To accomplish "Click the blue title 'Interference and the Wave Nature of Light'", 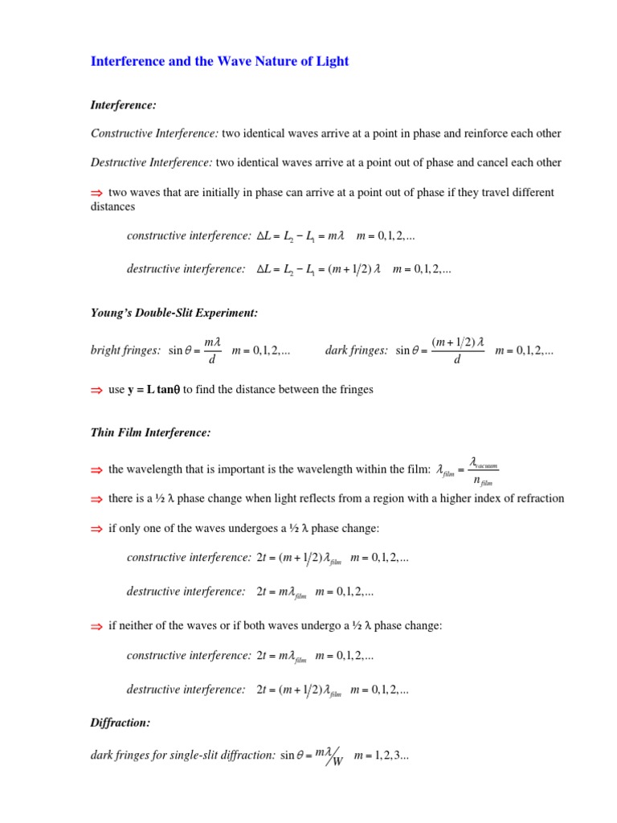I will (x=219, y=61).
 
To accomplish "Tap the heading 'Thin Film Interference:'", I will (x=151, y=432).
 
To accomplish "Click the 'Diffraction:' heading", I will (x=121, y=723).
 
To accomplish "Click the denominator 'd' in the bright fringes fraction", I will (x=211, y=359).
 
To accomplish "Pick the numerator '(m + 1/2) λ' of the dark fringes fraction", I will (x=458, y=342).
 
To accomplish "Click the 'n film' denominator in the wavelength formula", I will (x=487, y=480).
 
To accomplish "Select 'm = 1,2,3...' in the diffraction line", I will (x=382, y=756).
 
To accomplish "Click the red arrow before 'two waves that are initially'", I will (x=96, y=193).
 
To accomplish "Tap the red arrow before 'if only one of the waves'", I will (x=96, y=528).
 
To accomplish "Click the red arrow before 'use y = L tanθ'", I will (x=96, y=390).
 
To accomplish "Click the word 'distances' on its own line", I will (x=112, y=207).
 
